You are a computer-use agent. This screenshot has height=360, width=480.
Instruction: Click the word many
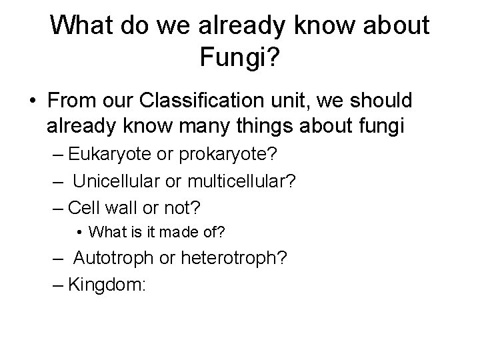201,125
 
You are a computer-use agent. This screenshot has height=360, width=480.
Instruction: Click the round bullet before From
33,101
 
